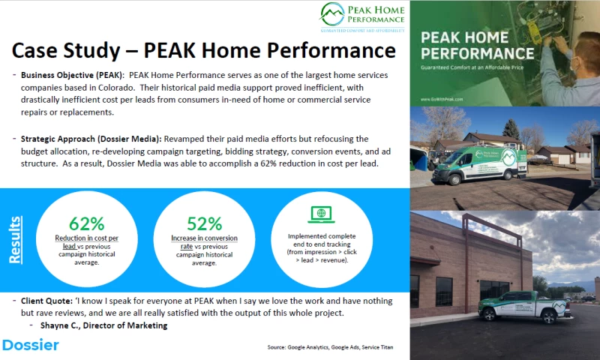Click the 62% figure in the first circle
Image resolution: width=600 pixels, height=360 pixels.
pos(86,223)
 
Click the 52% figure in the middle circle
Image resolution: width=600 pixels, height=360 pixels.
pos(204,223)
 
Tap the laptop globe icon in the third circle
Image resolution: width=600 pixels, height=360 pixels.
pos(321,214)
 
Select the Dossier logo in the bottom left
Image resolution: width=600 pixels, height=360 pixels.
pos(30,345)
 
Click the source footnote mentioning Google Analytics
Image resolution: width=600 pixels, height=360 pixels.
pos(329,347)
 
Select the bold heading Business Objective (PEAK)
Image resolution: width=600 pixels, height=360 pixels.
pos(67,75)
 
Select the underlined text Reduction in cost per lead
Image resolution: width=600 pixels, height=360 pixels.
pos(86,241)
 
